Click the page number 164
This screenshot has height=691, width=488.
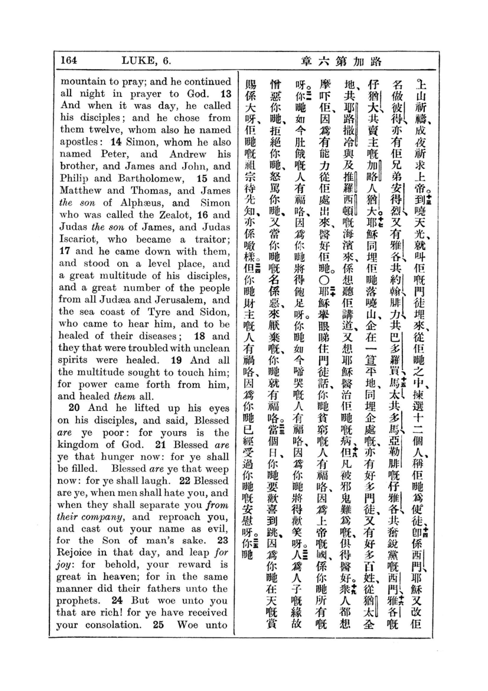pyautogui.click(x=69, y=60)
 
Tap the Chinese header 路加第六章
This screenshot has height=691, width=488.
pyautogui.click(x=341, y=61)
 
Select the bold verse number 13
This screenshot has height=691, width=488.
pyautogui.click(x=226, y=94)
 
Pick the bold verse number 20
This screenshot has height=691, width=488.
pyautogui.click(x=74, y=408)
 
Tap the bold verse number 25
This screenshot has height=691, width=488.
pyautogui.click(x=158, y=625)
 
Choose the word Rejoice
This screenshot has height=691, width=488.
pyautogui.click(x=74, y=552)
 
